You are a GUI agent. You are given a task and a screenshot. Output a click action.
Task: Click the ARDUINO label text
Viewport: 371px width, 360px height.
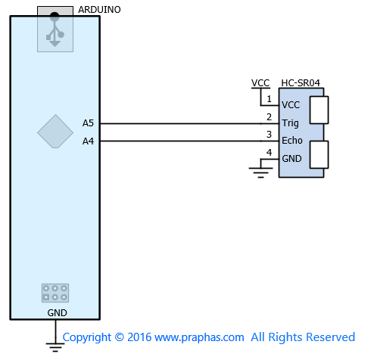99,10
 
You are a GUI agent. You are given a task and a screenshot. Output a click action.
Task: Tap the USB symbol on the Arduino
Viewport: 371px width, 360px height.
55,29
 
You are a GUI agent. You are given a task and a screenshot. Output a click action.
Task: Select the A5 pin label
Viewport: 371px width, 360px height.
88,123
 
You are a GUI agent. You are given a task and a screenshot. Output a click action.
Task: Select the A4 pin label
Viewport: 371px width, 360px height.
88,141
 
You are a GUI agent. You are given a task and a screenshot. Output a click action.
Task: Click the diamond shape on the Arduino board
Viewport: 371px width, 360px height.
55,132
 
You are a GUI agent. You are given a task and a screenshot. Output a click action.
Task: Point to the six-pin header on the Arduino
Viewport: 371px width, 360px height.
55,293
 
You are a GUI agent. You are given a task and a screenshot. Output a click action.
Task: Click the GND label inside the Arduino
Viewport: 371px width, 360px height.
57,313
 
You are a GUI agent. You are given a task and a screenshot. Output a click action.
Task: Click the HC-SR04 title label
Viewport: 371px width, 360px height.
301,83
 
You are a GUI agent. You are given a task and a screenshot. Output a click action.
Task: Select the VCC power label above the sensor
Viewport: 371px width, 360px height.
260,83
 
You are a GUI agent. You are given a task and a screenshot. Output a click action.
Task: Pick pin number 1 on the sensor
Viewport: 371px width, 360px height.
269,99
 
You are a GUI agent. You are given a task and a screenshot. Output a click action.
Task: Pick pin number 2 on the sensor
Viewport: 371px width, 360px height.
269,117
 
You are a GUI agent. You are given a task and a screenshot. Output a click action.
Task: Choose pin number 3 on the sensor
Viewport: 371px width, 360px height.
269,135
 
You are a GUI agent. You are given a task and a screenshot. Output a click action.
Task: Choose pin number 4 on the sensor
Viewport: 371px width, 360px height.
269,152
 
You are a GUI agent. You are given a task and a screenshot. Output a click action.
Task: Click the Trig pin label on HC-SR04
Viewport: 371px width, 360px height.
290,123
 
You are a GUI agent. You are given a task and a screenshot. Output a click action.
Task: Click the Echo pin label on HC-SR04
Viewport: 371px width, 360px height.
292,141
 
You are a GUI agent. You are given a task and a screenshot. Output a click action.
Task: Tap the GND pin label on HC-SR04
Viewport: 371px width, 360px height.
291,159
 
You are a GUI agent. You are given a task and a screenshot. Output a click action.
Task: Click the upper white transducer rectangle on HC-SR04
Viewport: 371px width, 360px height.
319,110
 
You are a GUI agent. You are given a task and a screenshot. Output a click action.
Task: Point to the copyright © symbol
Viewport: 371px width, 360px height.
120,337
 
